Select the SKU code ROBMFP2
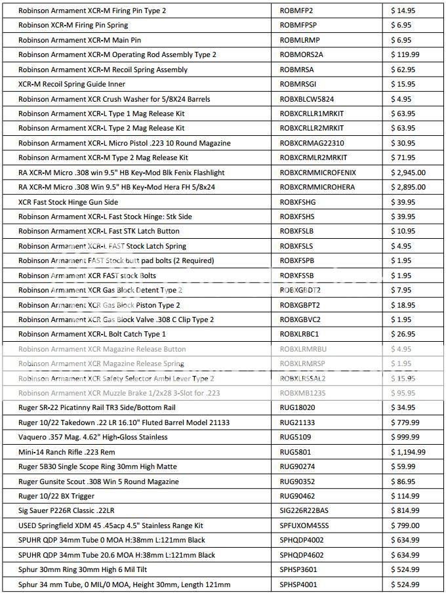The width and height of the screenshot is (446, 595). click(296, 10)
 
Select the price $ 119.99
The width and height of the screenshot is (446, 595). click(405, 54)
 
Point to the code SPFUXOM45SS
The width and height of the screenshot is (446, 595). click(304, 525)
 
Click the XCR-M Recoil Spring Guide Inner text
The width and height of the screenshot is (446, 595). click(71, 84)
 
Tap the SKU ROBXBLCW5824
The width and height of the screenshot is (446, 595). click(308, 99)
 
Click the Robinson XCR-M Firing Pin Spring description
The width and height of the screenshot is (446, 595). click(73, 25)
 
